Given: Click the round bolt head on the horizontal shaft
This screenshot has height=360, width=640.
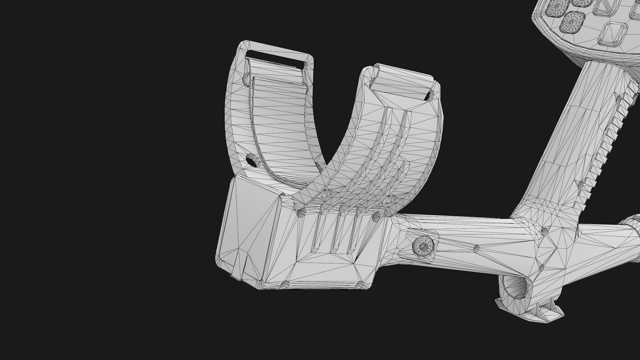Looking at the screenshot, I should [x=424, y=247].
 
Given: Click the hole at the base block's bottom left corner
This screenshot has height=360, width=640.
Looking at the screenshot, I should [x=286, y=284].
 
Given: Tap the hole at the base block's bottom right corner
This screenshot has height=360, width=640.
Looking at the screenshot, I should [x=361, y=284].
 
